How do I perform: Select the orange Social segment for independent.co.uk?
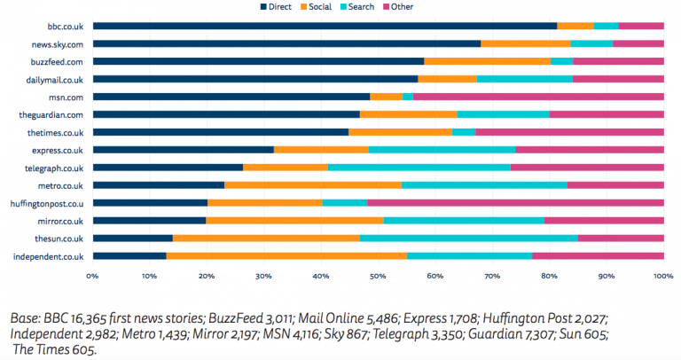tap(286, 256)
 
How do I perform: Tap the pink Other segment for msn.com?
tap(538, 97)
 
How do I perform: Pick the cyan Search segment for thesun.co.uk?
tap(468, 239)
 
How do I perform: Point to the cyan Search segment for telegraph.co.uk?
tap(419, 168)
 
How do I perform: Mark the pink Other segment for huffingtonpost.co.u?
tap(515, 203)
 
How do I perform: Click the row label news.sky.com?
tap(58, 43)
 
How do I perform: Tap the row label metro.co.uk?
tap(60, 185)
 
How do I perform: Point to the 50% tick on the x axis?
tap(378, 276)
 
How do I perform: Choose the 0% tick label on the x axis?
tap(92, 276)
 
